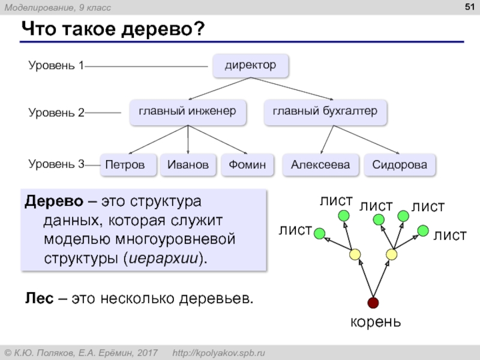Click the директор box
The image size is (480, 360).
tap(251, 65)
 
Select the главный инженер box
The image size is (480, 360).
tap(188, 112)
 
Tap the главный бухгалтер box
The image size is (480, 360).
tap(325, 112)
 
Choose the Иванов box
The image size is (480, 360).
tap(188, 165)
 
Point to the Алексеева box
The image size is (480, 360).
tap(320, 165)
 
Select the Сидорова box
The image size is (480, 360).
tap(400, 165)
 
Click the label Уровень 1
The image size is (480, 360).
tap(56, 66)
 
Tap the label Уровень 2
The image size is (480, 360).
tap(56, 112)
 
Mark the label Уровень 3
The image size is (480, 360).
tap(56, 163)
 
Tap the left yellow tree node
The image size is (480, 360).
tap(355, 254)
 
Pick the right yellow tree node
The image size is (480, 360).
tap(392, 254)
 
